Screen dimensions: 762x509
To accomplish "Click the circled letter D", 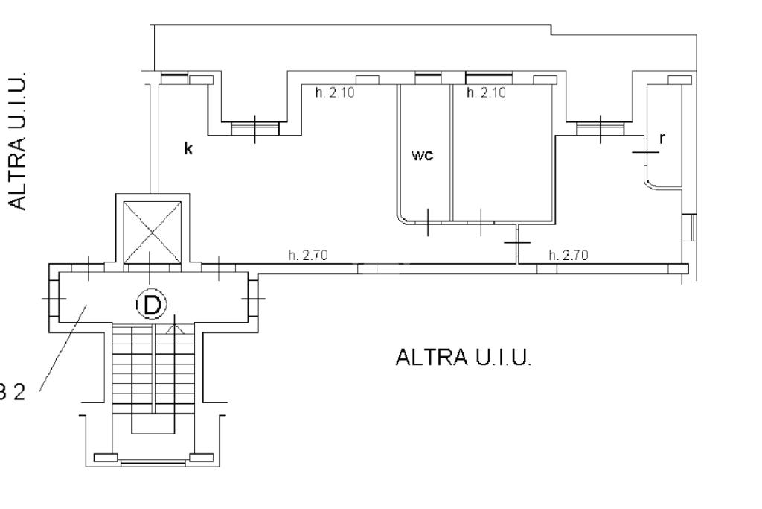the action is pos(152,304).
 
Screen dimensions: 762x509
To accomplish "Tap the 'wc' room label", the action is pos(422,155).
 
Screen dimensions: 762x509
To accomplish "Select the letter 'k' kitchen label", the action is pos(188,149).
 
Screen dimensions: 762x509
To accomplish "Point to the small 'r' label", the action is pos(662,137).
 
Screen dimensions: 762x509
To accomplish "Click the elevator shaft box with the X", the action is pos(152,232).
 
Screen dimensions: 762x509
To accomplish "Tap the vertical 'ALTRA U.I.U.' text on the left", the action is pos(19,141).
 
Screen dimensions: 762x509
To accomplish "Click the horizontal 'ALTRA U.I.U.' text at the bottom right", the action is pos(464,358).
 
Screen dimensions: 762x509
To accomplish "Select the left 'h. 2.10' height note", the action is pos(330,93).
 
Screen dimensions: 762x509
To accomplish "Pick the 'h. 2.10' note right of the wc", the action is pos(486,93).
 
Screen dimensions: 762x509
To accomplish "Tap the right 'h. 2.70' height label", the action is pos(568,256).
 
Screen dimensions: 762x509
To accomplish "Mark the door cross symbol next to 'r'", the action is pos(645,151).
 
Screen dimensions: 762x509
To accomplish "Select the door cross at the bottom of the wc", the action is pos(428,222).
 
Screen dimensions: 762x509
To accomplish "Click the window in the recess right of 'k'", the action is pos(254,128).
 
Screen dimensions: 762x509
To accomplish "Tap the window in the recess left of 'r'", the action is pos(600,128).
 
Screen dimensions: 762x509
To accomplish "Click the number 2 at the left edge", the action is pos(20,392).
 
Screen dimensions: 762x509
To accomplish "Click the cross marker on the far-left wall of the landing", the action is pos(53,298).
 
